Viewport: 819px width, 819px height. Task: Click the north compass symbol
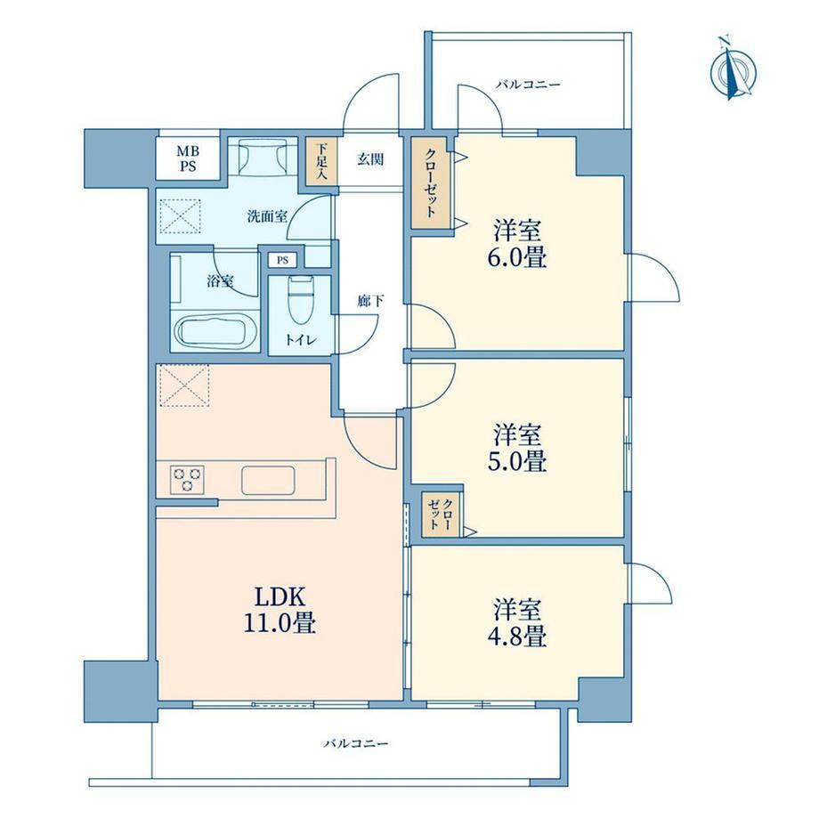point(734,69)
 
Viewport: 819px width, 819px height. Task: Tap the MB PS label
point(189,158)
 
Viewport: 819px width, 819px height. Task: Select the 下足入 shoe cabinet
point(321,160)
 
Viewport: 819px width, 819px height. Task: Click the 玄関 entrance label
point(370,159)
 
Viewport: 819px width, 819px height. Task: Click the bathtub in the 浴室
point(212,332)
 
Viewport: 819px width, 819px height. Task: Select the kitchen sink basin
point(268,480)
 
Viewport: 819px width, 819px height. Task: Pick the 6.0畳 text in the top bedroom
point(517,258)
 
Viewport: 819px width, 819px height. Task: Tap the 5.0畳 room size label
point(517,461)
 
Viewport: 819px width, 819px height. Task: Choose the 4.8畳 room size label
point(517,637)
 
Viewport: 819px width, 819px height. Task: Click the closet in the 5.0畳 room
point(441,514)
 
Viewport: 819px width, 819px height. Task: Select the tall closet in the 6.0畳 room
point(430,182)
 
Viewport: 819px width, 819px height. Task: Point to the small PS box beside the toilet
point(282,260)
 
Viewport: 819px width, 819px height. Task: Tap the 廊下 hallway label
point(371,301)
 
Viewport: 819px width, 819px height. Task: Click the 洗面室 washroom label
point(267,215)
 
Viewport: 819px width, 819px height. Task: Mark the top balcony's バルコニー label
point(528,84)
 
